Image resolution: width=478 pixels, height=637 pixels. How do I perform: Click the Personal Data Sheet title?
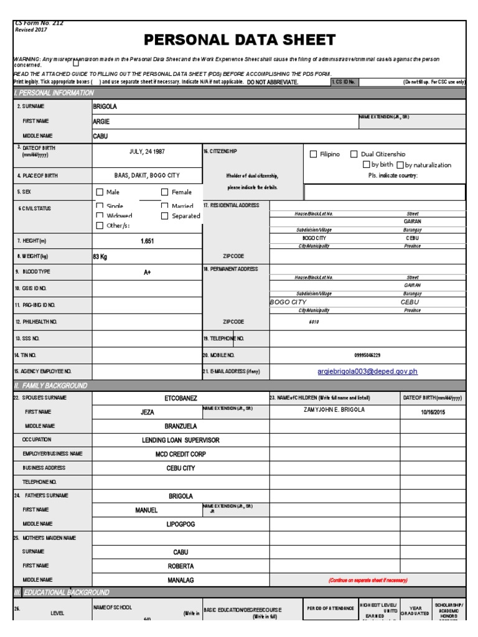point(240,40)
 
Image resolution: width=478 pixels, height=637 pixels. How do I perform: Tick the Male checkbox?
point(100,192)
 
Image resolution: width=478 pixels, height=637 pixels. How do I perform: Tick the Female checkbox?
point(165,192)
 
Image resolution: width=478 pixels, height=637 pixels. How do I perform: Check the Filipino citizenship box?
point(314,154)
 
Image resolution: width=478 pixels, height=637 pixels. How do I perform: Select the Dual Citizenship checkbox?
point(354,154)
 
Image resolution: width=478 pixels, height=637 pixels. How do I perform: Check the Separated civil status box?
point(165,216)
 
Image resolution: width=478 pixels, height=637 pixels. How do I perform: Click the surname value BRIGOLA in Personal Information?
point(105,106)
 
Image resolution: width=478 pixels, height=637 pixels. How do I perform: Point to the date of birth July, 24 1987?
point(148,151)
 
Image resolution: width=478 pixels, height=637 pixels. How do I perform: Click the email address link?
point(367,371)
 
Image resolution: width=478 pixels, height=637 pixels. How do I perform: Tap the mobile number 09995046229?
point(367,355)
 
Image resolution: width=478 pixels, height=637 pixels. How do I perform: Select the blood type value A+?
point(148,272)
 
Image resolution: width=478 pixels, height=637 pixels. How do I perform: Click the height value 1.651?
point(148,241)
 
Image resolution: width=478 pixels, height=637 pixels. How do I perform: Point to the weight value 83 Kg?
point(100,256)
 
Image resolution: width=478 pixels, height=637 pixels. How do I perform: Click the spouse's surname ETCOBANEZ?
point(181,398)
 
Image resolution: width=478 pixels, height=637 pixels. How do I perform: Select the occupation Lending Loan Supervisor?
point(181,440)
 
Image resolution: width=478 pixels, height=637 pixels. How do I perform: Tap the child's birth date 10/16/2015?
point(434,412)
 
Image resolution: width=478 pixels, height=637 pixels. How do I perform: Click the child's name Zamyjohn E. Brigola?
point(334,410)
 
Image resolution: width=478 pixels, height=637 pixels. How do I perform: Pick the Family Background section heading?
point(50,386)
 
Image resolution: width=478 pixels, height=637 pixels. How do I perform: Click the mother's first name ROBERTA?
point(181,566)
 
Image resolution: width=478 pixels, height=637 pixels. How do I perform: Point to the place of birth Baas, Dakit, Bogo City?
point(148,176)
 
